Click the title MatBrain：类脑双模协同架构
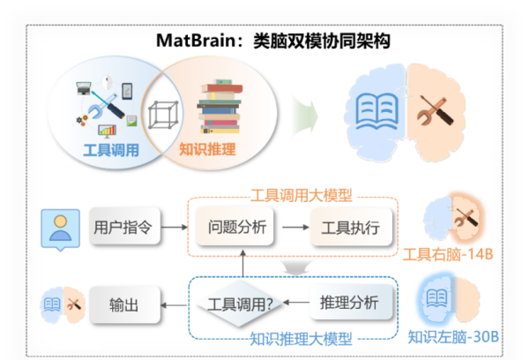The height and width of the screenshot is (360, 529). point(273,41)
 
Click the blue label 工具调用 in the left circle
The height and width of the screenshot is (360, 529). point(111,150)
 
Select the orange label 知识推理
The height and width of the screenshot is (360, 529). point(207,149)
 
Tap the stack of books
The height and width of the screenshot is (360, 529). point(220,107)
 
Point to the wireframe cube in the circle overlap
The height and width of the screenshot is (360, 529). point(163,115)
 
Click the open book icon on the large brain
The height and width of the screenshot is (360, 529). point(376,111)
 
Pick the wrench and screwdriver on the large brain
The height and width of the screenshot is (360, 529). point(436,110)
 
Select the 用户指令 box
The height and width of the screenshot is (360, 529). point(124,226)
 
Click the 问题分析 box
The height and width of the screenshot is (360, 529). point(235,226)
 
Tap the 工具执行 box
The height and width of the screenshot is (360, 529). point(351,227)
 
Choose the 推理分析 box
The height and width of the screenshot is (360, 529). point(351,302)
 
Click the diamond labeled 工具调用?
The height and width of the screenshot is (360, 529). point(240,304)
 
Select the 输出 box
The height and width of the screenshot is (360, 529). point(124,305)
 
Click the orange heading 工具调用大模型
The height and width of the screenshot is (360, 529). point(302,195)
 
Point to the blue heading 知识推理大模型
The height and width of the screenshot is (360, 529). point(301,339)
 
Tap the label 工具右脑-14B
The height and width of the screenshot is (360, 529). point(448,254)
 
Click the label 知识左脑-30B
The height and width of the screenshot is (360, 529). point(453,337)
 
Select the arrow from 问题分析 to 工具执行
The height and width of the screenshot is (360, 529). point(295,228)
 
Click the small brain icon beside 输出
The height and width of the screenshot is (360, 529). point(63,305)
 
